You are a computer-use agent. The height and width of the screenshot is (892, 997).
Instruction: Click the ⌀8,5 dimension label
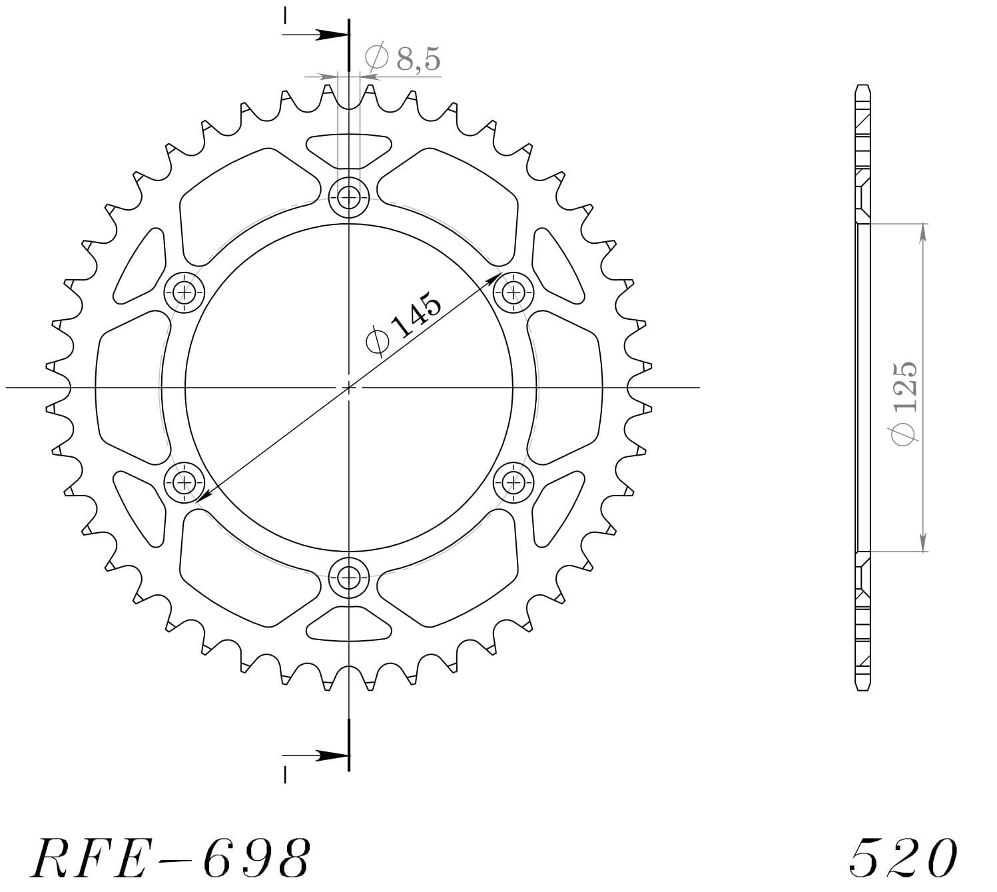coord(403,59)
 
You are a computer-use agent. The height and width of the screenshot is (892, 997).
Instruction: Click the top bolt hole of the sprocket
coord(348,197)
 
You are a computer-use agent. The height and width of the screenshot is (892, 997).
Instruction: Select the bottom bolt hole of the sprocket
coord(348,577)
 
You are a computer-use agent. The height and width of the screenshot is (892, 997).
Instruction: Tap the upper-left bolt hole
coord(184,291)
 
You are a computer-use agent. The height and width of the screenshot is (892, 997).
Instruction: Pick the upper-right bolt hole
coord(513,291)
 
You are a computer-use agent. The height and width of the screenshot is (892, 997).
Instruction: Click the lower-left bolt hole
coord(184,481)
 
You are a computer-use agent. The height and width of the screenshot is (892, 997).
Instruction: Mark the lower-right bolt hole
coord(513,481)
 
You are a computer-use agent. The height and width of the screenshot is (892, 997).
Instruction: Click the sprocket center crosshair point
coord(348,386)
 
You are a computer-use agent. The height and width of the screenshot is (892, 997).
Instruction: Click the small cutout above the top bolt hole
coord(348,149)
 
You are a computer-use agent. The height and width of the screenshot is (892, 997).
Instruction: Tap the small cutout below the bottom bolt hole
coord(348,624)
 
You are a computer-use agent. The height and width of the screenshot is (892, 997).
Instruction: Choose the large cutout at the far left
coord(130,386)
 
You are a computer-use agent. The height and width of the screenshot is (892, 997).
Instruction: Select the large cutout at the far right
coord(566,386)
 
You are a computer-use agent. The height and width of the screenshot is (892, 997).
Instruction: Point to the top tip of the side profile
coord(862,87)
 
